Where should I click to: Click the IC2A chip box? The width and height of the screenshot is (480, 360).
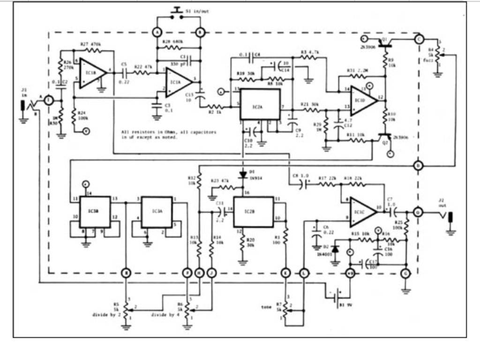point(260,104)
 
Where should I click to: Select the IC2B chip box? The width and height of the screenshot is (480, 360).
point(253,212)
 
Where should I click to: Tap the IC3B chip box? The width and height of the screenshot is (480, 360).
point(95,212)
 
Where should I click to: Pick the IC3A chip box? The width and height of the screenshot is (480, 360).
point(157,212)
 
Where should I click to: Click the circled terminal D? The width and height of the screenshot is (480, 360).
point(419,165)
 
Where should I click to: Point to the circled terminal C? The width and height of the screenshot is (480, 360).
point(419,40)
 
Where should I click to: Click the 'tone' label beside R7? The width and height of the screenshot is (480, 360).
point(267,307)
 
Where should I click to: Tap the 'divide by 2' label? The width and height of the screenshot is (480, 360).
point(105,315)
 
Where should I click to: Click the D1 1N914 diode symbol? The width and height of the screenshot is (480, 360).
point(243,174)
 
